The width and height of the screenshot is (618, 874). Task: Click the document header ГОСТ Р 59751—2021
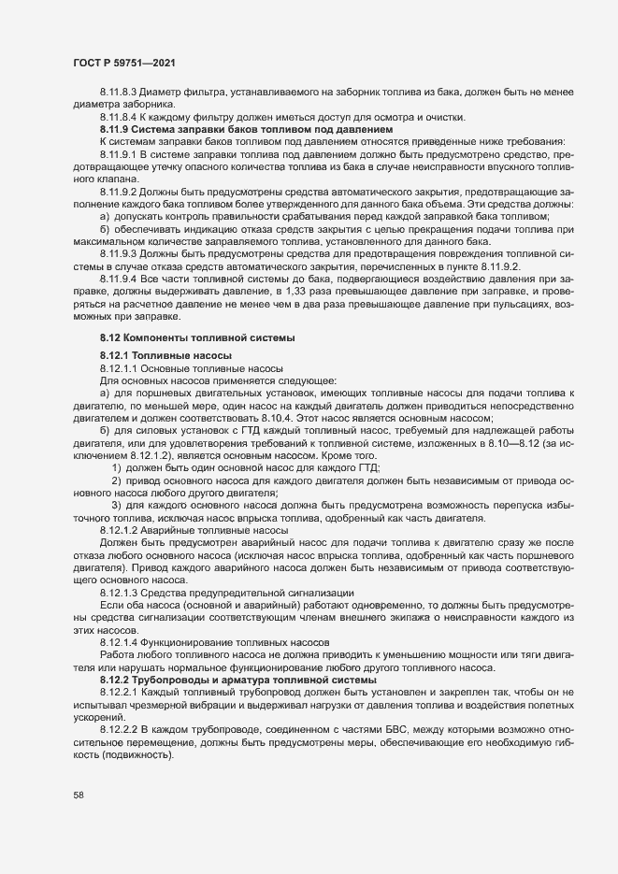(121, 63)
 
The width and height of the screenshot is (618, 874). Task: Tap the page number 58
(79, 795)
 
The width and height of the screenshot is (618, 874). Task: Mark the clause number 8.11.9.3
(118, 252)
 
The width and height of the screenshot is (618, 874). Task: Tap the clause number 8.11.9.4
(118, 278)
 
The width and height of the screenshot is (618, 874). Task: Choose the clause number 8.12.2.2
(118, 727)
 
